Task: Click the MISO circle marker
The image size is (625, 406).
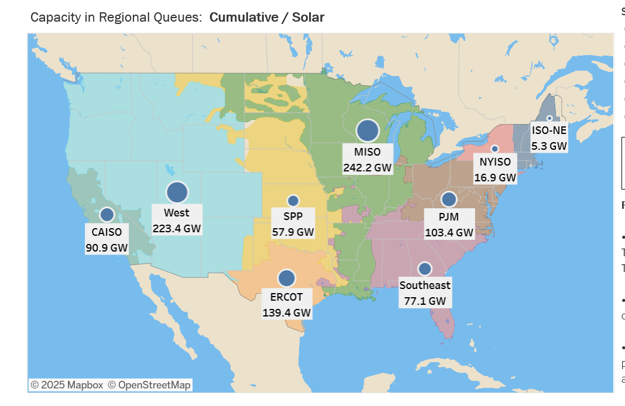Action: point(368,130)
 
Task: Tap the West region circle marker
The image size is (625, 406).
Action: point(177,192)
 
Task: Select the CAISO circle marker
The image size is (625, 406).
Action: point(107,215)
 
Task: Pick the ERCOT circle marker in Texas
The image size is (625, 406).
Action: point(286,278)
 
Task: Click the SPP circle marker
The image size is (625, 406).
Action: point(293,201)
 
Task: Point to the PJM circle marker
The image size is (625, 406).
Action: point(449,199)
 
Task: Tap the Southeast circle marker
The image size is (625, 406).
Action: point(425,269)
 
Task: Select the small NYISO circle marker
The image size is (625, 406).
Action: point(494,149)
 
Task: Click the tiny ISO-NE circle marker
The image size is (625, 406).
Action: point(550,118)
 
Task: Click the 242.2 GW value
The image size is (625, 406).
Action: point(367,167)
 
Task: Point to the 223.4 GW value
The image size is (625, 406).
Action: point(177,228)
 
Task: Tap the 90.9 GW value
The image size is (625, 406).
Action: point(107,247)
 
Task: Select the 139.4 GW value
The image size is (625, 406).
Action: point(286,312)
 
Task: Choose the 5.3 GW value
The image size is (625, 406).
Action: point(549,146)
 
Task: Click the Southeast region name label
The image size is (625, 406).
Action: point(425,285)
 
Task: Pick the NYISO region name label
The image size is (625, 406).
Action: point(495,162)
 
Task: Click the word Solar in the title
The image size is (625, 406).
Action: point(308,18)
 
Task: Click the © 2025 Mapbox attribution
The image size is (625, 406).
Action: point(67,385)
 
